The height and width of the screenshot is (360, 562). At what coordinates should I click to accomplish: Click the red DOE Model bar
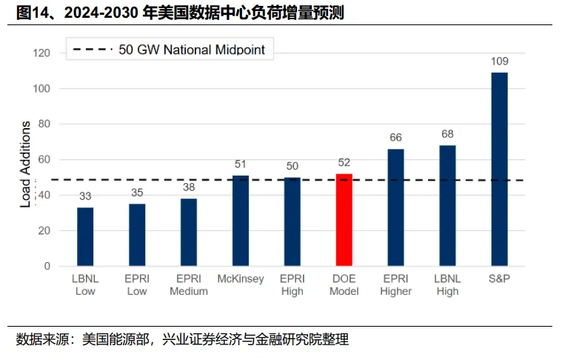click(x=344, y=220)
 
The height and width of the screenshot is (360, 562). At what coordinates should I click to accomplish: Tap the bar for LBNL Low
click(x=85, y=236)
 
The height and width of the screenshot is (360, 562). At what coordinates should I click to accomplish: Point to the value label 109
click(x=500, y=61)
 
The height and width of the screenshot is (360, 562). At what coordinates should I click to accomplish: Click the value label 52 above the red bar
click(x=344, y=162)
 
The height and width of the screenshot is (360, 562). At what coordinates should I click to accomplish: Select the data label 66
click(x=396, y=137)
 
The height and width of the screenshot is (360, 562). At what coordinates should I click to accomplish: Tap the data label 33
click(x=85, y=196)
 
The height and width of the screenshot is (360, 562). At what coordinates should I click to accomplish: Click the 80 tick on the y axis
click(x=44, y=124)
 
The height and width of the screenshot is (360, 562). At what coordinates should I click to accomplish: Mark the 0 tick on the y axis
click(x=47, y=266)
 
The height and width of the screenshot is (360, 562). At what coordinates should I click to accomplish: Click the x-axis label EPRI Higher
click(x=396, y=285)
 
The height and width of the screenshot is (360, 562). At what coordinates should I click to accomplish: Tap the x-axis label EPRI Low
click(x=137, y=285)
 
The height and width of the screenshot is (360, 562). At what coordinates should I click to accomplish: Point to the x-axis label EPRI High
click(x=292, y=285)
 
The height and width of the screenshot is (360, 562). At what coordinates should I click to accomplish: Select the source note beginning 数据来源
click(x=182, y=340)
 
